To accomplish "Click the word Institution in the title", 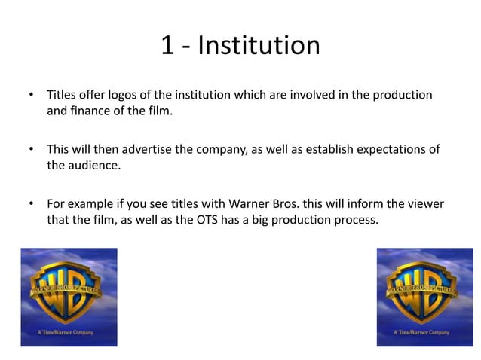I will tap(259, 47).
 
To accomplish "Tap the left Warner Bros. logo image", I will tap(69, 297).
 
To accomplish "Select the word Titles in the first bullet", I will tap(62, 96).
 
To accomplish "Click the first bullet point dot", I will tap(31, 96).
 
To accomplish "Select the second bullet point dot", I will tap(31, 150).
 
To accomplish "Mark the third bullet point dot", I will tap(31, 204).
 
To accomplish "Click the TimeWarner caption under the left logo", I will tap(69, 331).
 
